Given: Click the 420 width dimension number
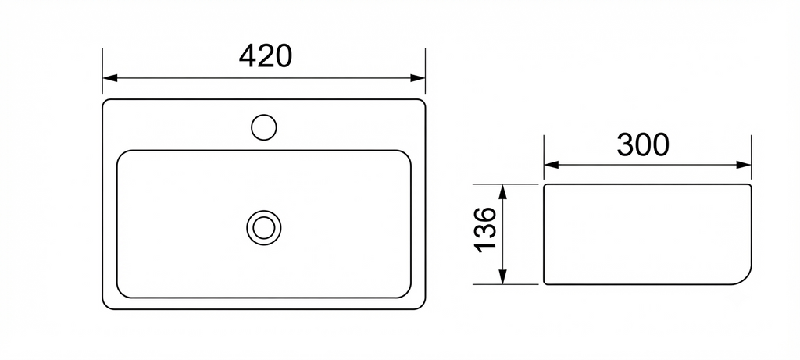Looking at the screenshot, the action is pos(266,56).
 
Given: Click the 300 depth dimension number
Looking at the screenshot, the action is pos(643,144).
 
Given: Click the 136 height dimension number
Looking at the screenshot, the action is pos(485,230).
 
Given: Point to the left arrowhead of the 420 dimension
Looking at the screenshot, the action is pos(110,78).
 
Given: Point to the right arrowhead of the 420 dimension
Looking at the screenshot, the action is pos(418,78).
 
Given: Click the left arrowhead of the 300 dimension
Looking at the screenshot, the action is pos(552,165).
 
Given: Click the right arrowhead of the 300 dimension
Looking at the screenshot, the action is pos(744,165).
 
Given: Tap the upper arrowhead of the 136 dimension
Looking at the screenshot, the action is pos(503,192).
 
